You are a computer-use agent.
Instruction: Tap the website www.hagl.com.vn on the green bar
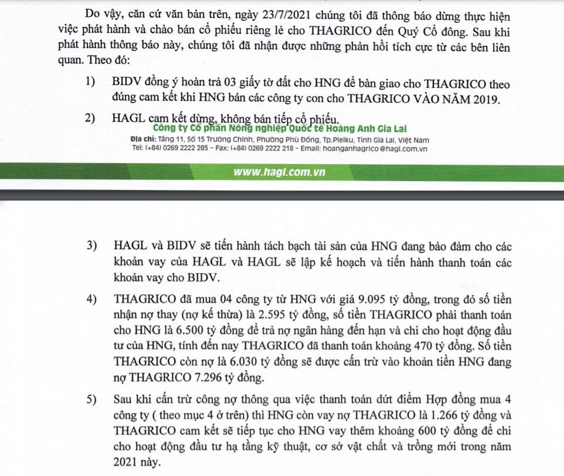[x=279, y=172]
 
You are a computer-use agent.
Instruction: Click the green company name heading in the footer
[x=279, y=129]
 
